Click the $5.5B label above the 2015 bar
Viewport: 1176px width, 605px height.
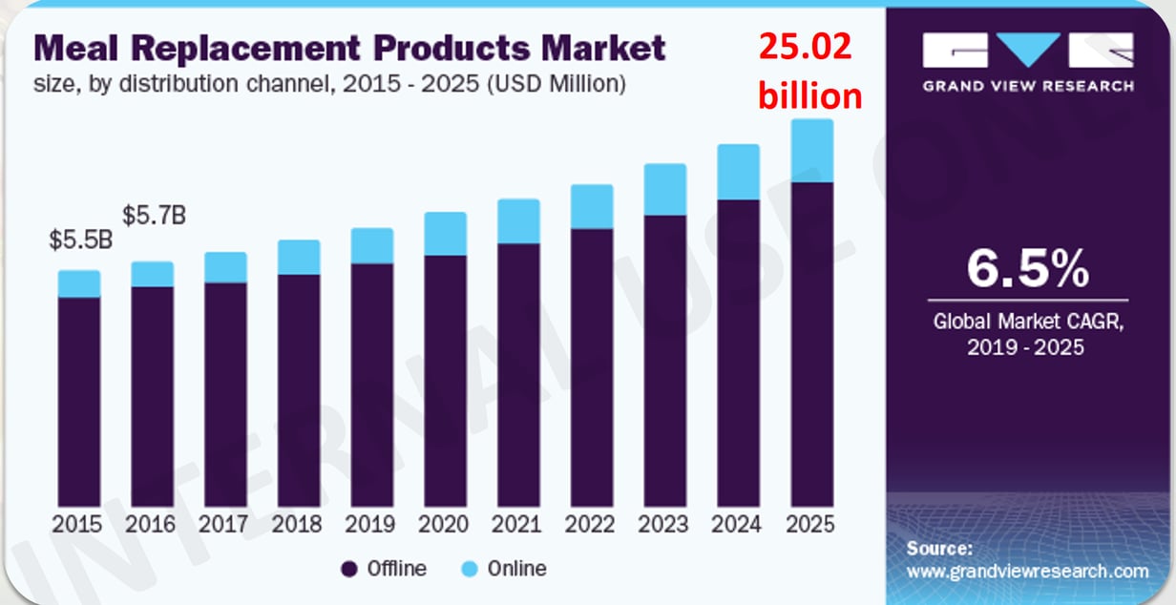pyautogui.click(x=81, y=240)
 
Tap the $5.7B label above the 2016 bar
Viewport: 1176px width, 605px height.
pyautogui.click(x=154, y=215)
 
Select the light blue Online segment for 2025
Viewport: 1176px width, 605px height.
pyautogui.click(x=812, y=151)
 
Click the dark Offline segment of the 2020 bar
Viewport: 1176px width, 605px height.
pyautogui.click(x=445, y=381)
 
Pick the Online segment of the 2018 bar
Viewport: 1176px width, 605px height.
pyautogui.click(x=299, y=257)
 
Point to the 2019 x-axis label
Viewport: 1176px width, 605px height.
pyautogui.click(x=369, y=524)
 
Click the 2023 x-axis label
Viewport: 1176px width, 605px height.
pyautogui.click(x=663, y=524)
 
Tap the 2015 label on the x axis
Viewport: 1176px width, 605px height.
pyautogui.click(x=76, y=524)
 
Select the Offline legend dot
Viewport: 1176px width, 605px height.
pyautogui.click(x=349, y=570)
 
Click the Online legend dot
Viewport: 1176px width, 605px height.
pyautogui.click(x=470, y=570)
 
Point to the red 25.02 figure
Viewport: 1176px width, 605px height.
pyautogui.click(x=805, y=46)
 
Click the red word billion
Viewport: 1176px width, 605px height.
pyautogui.click(x=809, y=95)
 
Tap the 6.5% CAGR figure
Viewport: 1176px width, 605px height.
pyautogui.click(x=1028, y=269)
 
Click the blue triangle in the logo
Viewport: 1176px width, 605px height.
pyautogui.click(x=1028, y=46)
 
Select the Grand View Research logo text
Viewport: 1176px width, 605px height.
pyautogui.click(x=1028, y=86)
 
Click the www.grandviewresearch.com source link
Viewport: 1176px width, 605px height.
pyautogui.click(x=1027, y=572)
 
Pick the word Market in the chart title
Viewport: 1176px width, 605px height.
pyautogui.click(x=603, y=49)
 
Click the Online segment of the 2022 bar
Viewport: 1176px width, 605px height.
pyautogui.click(x=592, y=207)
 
